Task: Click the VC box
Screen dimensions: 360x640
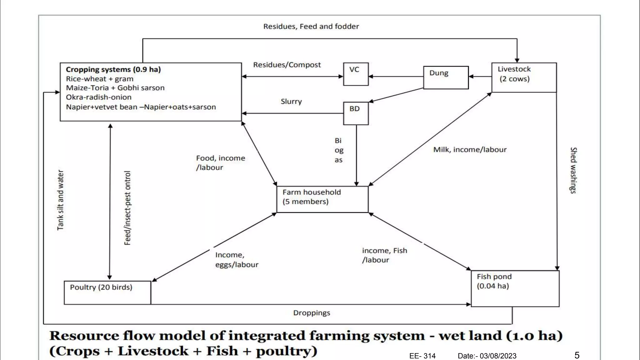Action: click(356, 74)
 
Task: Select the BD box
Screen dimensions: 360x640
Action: click(356, 113)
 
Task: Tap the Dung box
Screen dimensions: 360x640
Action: click(446, 77)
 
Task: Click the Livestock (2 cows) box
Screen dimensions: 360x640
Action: click(524, 77)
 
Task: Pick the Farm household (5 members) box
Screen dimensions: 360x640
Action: click(322, 199)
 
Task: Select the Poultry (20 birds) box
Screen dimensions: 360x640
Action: click(107, 292)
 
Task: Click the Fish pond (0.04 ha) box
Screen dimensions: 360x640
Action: click(515, 288)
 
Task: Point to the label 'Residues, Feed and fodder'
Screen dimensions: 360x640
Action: click(311, 27)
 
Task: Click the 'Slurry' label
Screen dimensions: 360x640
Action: click(291, 102)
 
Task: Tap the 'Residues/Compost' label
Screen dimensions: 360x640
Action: click(287, 65)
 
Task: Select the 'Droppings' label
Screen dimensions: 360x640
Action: click(312, 313)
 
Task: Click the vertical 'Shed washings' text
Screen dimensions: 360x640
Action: click(573, 170)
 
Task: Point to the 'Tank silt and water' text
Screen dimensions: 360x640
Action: click(60, 200)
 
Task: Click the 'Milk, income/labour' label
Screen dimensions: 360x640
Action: click(470, 150)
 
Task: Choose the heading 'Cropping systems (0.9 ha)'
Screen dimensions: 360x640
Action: click(113, 69)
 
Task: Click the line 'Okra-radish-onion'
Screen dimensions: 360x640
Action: click(98, 97)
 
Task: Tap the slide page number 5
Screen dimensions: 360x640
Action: click(577, 355)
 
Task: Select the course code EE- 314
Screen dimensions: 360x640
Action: click(422, 356)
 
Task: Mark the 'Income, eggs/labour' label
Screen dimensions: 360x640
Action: click(237, 260)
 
